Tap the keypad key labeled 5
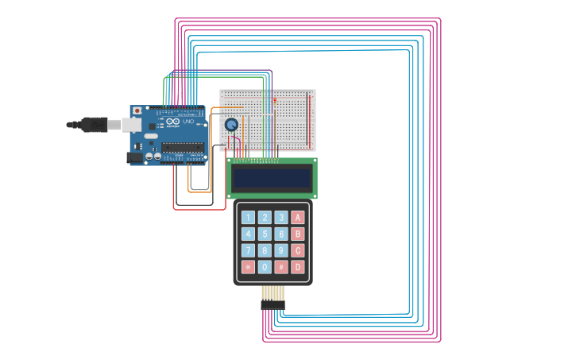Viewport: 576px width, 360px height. coord(265,234)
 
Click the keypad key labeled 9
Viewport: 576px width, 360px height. coord(281,250)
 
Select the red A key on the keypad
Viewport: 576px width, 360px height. coord(298,217)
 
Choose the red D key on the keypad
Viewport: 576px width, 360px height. coord(298,267)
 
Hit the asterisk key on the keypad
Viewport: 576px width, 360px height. coord(248,267)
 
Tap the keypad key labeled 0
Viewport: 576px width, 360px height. coord(265,267)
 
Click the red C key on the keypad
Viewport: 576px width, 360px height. coord(298,250)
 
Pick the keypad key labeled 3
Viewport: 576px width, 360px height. coord(281,217)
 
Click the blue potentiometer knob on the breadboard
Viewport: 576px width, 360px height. coord(231,125)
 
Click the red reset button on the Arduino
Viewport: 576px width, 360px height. coord(137,110)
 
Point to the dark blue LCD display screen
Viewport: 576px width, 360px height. coord(272,178)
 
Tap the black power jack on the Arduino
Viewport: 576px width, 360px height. coord(135,158)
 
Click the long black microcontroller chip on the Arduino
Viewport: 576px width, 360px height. coord(182,146)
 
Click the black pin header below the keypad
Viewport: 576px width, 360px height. coord(273,304)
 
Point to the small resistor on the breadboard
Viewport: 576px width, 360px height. coord(274,101)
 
